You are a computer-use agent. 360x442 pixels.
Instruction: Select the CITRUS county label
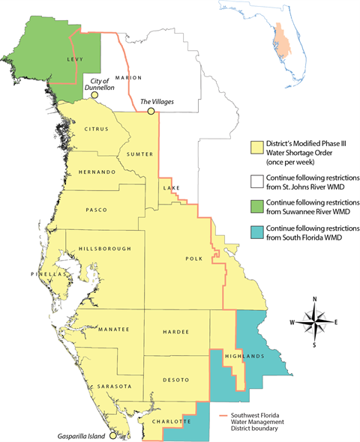pyautogui.click(x=96, y=129)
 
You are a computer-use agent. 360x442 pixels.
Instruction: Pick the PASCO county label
pyautogui.click(x=98, y=210)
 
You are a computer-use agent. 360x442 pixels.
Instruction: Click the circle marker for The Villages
pyautogui.click(x=151, y=111)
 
